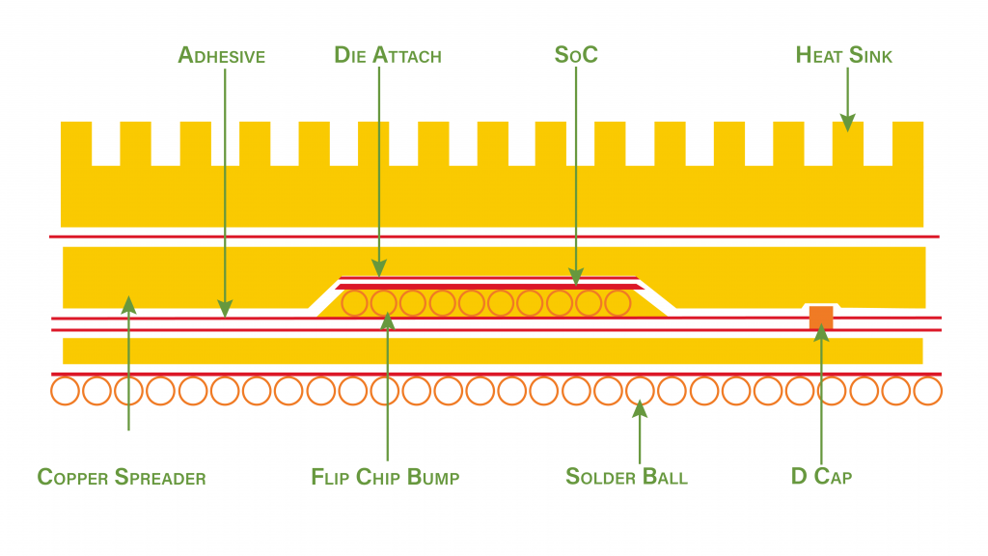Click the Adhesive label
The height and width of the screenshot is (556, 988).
(221, 55)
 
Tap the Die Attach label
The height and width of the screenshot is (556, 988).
(388, 55)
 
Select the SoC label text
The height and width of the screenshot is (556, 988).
(576, 55)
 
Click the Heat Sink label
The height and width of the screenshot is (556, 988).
(844, 55)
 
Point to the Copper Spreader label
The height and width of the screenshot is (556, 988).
(122, 477)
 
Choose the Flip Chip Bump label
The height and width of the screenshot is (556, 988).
(385, 477)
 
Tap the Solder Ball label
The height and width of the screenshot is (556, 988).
(626, 477)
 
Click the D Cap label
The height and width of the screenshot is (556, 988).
(821, 477)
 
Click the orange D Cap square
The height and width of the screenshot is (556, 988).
(821, 318)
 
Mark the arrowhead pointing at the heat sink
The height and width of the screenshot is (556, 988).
(847, 124)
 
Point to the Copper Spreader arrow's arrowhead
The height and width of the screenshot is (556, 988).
(128, 304)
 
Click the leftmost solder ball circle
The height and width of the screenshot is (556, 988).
(66, 391)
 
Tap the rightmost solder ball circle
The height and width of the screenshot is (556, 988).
(927, 391)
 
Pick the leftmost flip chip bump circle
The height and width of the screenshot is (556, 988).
(355, 303)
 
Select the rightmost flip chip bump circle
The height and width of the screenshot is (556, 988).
(617, 303)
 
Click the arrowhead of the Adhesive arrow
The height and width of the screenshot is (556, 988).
(225, 309)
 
